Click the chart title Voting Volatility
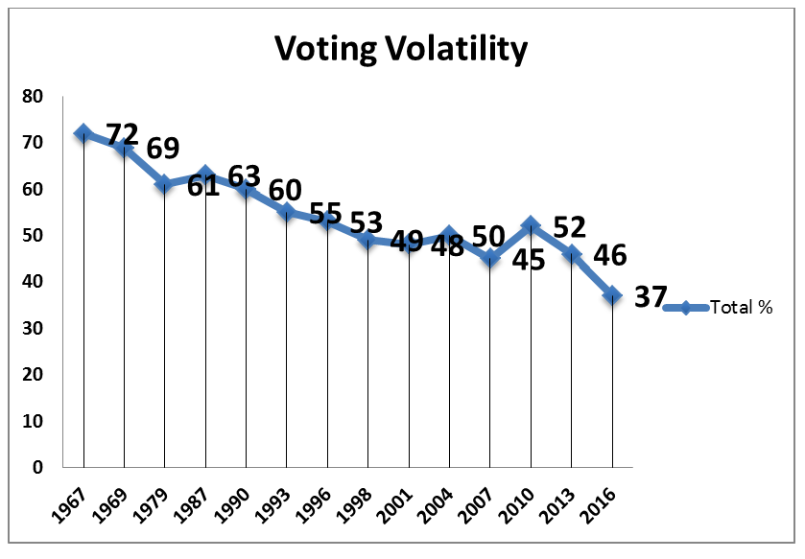click(x=401, y=48)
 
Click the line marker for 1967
click(x=83, y=133)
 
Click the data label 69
click(x=162, y=150)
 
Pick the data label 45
click(x=527, y=260)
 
